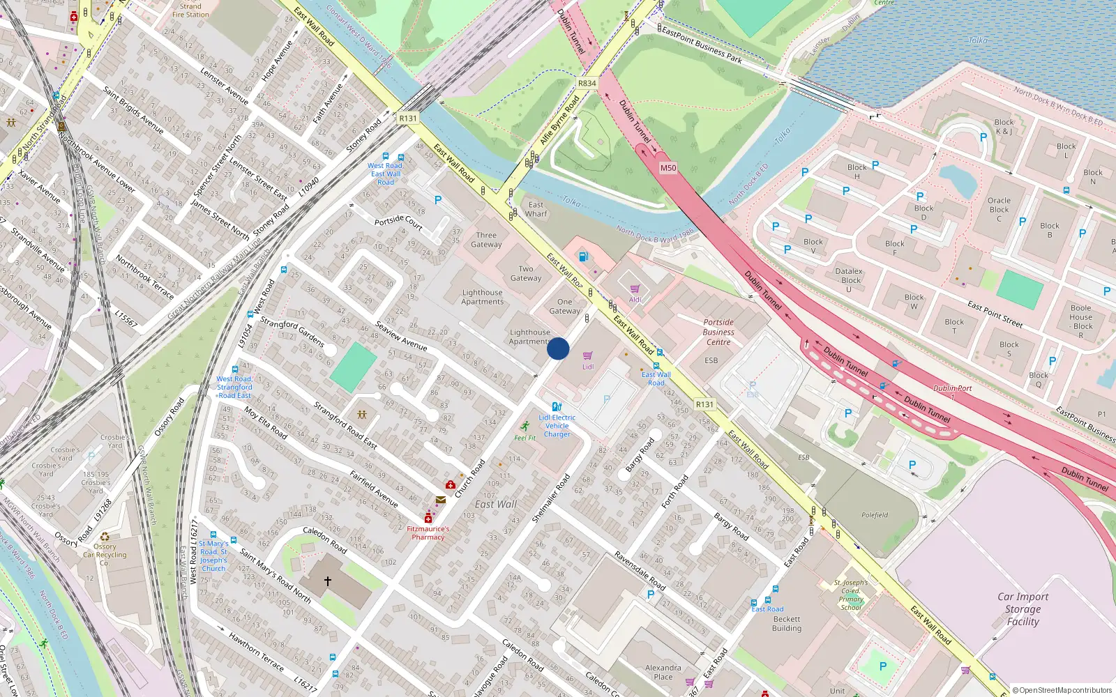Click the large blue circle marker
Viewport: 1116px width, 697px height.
pos(558,348)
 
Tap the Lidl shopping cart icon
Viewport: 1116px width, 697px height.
pos(587,356)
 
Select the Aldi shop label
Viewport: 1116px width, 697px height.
pos(635,300)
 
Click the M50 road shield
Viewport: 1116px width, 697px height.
pos(668,168)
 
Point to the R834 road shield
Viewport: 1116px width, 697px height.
pos(587,83)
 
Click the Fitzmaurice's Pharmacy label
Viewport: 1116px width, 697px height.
pos(428,533)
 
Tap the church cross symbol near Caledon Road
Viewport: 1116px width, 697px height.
pos(327,581)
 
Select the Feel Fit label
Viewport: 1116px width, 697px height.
pos(525,438)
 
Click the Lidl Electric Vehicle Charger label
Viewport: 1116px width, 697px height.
pos(557,426)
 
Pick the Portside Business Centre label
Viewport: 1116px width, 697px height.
pos(718,332)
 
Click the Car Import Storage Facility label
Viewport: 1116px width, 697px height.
pos(1023,609)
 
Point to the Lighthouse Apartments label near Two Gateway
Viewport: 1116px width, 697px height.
pos(482,297)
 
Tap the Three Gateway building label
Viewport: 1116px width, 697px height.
pos(486,240)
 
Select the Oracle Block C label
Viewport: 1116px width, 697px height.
pos(999,209)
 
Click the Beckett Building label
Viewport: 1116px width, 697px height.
pos(787,623)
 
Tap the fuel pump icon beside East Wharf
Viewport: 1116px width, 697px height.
pos(583,256)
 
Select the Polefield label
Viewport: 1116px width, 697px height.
pos(875,515)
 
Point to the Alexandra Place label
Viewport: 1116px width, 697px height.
pos(663,672)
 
